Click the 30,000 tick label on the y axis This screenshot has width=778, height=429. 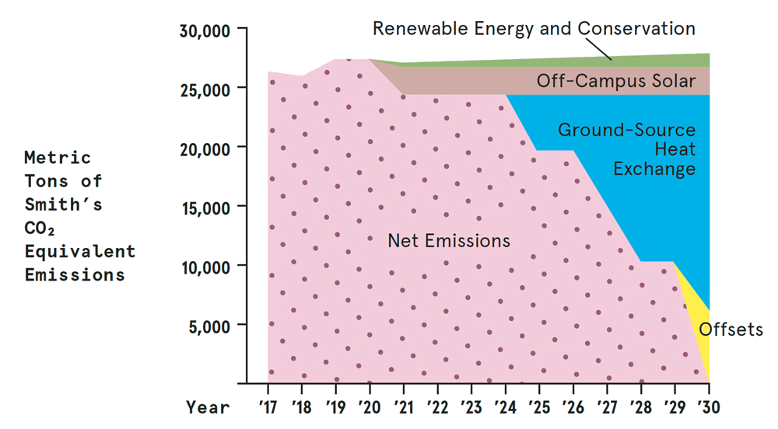[x=208, y=30]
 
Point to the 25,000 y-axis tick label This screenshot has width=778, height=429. [x=208, y=89]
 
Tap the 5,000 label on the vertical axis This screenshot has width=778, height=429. [x=212, y=325]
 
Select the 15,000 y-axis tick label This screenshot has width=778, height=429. [x=208, y=207]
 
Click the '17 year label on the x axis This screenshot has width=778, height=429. [x=268, y=406]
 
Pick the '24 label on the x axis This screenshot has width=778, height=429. [x=505, y=406]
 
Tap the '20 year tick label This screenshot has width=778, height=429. [x=370, y=406]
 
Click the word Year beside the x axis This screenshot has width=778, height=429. [x=208, y=406]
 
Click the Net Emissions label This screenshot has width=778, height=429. [x=449, y=240]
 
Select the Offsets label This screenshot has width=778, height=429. [x=731, y=330]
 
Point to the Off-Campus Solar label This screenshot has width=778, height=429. [x=615, y=81]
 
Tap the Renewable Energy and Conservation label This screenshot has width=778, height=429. [x=534, y=29]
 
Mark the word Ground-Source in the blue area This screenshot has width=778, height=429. [x=626, y=129]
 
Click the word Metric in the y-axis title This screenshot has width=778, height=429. [x=58, y=158]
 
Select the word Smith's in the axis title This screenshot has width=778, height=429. [x=64, y=205]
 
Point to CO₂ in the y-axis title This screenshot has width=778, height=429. [x=40, y=228]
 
